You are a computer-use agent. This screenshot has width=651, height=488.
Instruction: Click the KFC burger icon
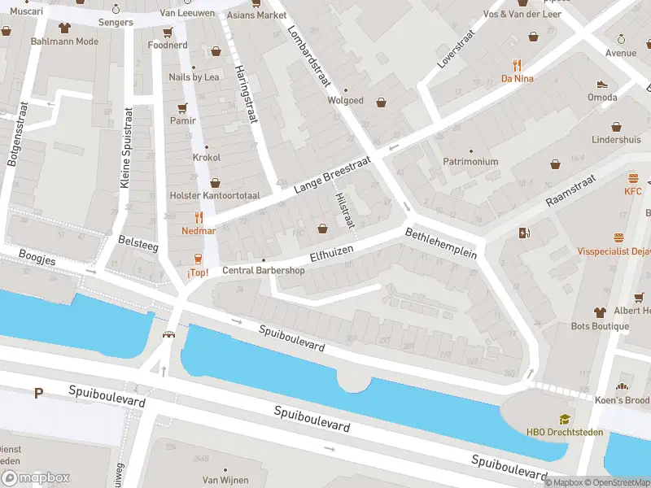click(633, 177)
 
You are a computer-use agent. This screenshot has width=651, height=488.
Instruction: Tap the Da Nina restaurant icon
click(517, 65)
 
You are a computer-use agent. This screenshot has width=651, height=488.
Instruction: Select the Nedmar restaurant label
click(199, 231)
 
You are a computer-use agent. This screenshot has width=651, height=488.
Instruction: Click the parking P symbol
click(37, 394)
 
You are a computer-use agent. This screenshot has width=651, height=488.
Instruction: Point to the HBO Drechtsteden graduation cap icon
click(565, 419)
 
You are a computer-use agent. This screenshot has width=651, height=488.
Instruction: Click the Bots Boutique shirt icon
click(601, 312)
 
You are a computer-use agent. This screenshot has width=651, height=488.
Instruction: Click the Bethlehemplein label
click(440, 242)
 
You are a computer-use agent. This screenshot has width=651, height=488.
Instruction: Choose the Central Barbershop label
click(263, 271)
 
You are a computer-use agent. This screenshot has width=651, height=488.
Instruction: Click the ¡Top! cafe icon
click(198, 259)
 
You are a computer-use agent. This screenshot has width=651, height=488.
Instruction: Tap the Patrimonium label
click(470, 162)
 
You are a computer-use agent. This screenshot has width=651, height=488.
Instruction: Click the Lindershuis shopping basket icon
click(616, 126)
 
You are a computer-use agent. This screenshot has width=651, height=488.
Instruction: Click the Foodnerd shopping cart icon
click(168, 32)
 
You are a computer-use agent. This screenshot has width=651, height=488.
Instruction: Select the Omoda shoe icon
click(602, 84)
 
